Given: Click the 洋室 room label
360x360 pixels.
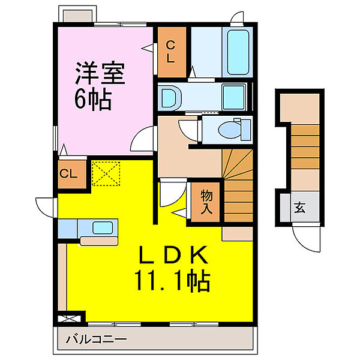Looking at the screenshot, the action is [x=100, y=73].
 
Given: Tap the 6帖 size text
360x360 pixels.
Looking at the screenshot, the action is [x=93, y=100].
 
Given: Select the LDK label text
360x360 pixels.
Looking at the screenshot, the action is [x=173, y=255].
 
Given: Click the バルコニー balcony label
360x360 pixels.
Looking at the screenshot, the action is [x=96, y=339].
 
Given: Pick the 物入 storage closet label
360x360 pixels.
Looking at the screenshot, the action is [x=206, y=202].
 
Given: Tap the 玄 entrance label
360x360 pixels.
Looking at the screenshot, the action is [x=299, y=208].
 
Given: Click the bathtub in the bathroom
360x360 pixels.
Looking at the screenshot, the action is [x=238, y=52].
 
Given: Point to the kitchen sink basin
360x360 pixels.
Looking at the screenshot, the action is [x=103, y=228].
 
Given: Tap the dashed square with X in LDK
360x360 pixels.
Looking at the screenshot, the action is [x=106, y=173].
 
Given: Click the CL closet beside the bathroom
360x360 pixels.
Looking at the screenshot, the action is [x=172, y=52].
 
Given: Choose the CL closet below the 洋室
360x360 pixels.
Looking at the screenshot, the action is [x=71, y=174].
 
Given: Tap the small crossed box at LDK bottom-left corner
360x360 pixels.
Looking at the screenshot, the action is [x=69, y=319].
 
